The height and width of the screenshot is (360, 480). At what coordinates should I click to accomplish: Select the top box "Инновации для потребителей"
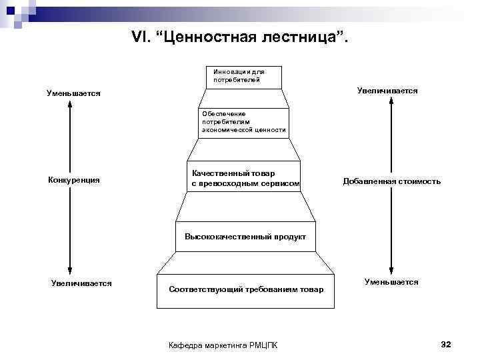244,76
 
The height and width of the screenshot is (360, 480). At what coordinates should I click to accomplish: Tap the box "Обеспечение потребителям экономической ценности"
244,123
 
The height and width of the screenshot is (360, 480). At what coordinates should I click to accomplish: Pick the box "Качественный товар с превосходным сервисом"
244,178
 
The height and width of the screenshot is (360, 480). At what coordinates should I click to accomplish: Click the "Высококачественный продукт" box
245,236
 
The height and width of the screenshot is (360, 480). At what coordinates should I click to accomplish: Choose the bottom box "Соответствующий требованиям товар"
246,289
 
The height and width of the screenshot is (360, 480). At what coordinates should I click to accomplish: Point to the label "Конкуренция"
74,180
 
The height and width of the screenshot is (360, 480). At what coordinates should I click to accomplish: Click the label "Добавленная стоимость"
391,181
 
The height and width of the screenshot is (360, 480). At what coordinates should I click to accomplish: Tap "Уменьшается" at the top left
73,93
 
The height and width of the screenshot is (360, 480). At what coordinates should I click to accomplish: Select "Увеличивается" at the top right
387,90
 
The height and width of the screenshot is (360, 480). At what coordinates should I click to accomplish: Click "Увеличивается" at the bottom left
81,283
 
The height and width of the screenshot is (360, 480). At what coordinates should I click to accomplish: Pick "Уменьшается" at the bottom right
391,283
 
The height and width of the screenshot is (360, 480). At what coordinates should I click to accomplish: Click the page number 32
446,344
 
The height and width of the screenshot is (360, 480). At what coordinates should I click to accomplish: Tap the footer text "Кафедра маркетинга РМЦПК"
225,344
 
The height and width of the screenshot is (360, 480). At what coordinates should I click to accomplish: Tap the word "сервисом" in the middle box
281,183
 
